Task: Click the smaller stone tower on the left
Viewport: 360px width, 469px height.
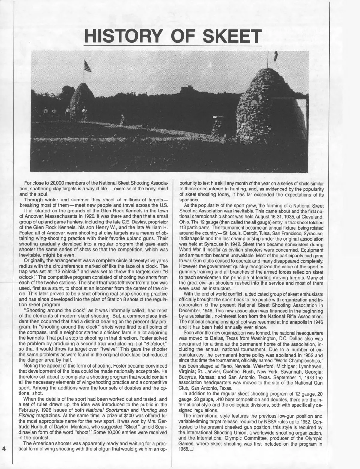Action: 82,102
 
